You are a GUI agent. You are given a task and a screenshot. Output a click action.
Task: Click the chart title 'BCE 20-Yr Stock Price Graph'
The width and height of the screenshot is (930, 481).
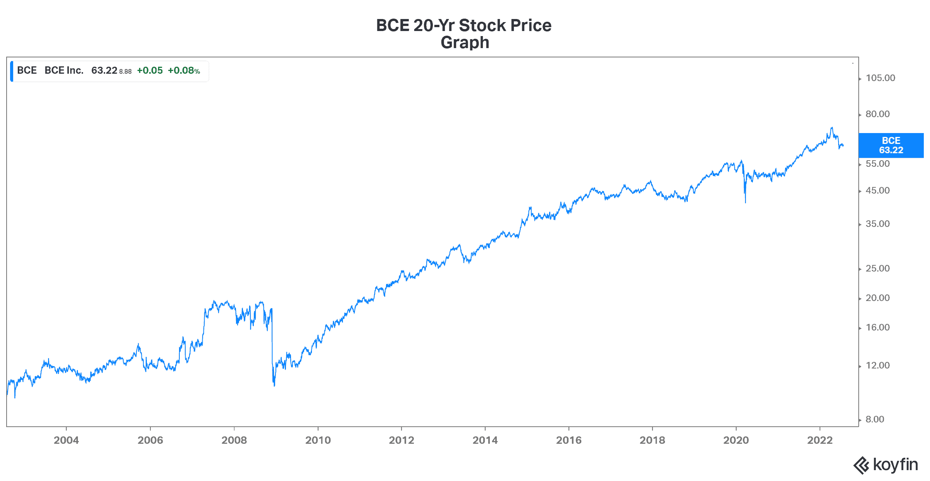pyautogui.click(x=464, y=34)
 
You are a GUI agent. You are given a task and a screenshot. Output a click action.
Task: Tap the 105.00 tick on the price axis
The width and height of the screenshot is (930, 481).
pyautogui.click(x=880, y=78)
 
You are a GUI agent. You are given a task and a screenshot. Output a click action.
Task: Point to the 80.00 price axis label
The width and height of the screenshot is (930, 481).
pyautogui.click(x=877, y=114)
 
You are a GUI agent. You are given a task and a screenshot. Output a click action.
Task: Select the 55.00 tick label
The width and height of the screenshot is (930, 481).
pyautogui.click(x=877, y=164)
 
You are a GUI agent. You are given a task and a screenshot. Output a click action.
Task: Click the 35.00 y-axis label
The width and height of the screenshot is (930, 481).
pyautogui.click(x=877, y=224)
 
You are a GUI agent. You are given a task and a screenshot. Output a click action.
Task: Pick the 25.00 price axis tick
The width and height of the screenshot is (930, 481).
pyautogui.click(x=877, y=268)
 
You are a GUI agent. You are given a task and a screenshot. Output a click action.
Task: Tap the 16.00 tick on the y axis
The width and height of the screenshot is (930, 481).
pyautogui.click(x=877, y=327)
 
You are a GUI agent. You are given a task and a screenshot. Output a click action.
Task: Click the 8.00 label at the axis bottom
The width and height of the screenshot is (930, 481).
pyautogui.click(x=875, y=419)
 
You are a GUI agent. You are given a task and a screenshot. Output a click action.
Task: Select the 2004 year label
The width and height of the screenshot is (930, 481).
pyautogui.click(x=66, y=440)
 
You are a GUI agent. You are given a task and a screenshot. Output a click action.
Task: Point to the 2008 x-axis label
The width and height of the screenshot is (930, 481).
pyautogui.click(x=234, y=440)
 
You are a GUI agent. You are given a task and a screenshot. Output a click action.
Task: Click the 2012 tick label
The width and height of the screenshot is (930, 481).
pyautogui.click(x=401, y=440)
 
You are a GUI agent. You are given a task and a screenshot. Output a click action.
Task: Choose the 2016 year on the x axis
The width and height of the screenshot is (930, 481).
pyautogui.click(x=569, y=440)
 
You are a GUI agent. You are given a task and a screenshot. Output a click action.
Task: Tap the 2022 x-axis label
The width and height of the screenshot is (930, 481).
pyautogui.click(x=820, y=440)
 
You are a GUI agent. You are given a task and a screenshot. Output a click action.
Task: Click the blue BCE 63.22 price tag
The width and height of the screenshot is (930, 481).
pyautogui.click(x=891, y=145)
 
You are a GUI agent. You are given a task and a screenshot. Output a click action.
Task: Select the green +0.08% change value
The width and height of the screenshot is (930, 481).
pyautogui.click(x=184, y=71)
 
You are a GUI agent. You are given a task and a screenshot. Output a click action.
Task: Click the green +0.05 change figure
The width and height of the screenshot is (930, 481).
pyautogui.click(x=150, y=71)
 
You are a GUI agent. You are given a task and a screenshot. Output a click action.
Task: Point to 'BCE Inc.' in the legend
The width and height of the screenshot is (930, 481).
pyautogui.click(x=64, y=71)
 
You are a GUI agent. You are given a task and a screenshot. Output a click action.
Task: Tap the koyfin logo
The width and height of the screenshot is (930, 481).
pyautogui.click(x=886, y=465)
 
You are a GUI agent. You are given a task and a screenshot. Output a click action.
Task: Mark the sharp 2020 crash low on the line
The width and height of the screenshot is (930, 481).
pyautogui.click(x=745, y=202)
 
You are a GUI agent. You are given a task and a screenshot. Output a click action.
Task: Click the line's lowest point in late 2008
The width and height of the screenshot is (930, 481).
pyautogui.click(x=274, y=386)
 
